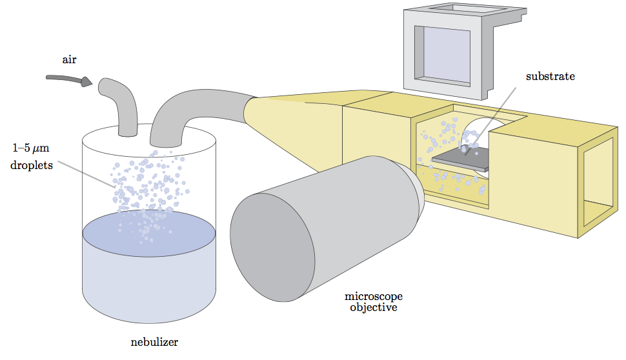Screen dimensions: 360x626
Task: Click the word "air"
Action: (69, 59)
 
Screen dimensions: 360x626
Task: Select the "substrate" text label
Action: (550, 76)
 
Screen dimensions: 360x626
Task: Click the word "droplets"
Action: (30, 165)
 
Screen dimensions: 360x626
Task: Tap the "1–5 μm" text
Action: (31, 148)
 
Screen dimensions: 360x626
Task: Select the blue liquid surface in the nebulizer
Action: (148, 232)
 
